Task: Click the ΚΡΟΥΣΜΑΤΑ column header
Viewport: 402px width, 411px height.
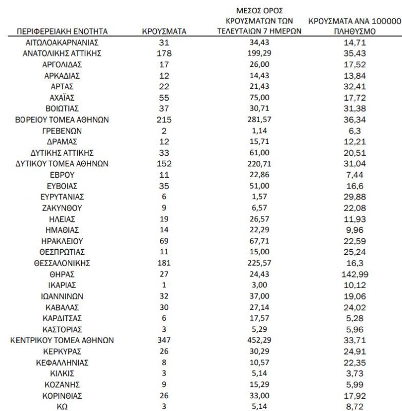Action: point(164,31)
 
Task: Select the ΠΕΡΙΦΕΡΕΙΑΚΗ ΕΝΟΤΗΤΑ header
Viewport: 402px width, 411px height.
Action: point(62,31)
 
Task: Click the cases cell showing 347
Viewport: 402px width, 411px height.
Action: point(164,340)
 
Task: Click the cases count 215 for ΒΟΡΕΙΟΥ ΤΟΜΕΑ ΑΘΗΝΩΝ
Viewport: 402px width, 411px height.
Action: point(164,120)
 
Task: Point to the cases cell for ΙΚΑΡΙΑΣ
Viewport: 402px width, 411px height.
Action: point(164,285)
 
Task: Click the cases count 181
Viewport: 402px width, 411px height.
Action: point(164,263)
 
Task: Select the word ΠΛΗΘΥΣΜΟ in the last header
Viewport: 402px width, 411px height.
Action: point(355,31)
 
